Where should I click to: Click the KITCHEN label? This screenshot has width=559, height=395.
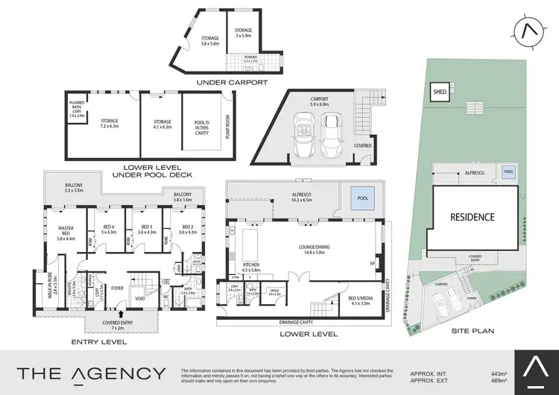point(250,265)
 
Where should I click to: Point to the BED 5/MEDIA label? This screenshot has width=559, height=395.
point(361,300)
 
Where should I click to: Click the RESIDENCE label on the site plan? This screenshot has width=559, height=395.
point(471,218)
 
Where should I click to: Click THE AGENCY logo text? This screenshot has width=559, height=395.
point(92,373)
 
